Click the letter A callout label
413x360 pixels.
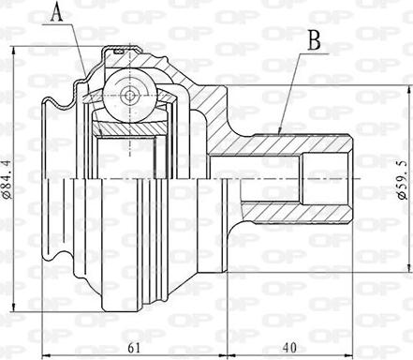tap(57, 12)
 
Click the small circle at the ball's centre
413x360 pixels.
tap(128, 93)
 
